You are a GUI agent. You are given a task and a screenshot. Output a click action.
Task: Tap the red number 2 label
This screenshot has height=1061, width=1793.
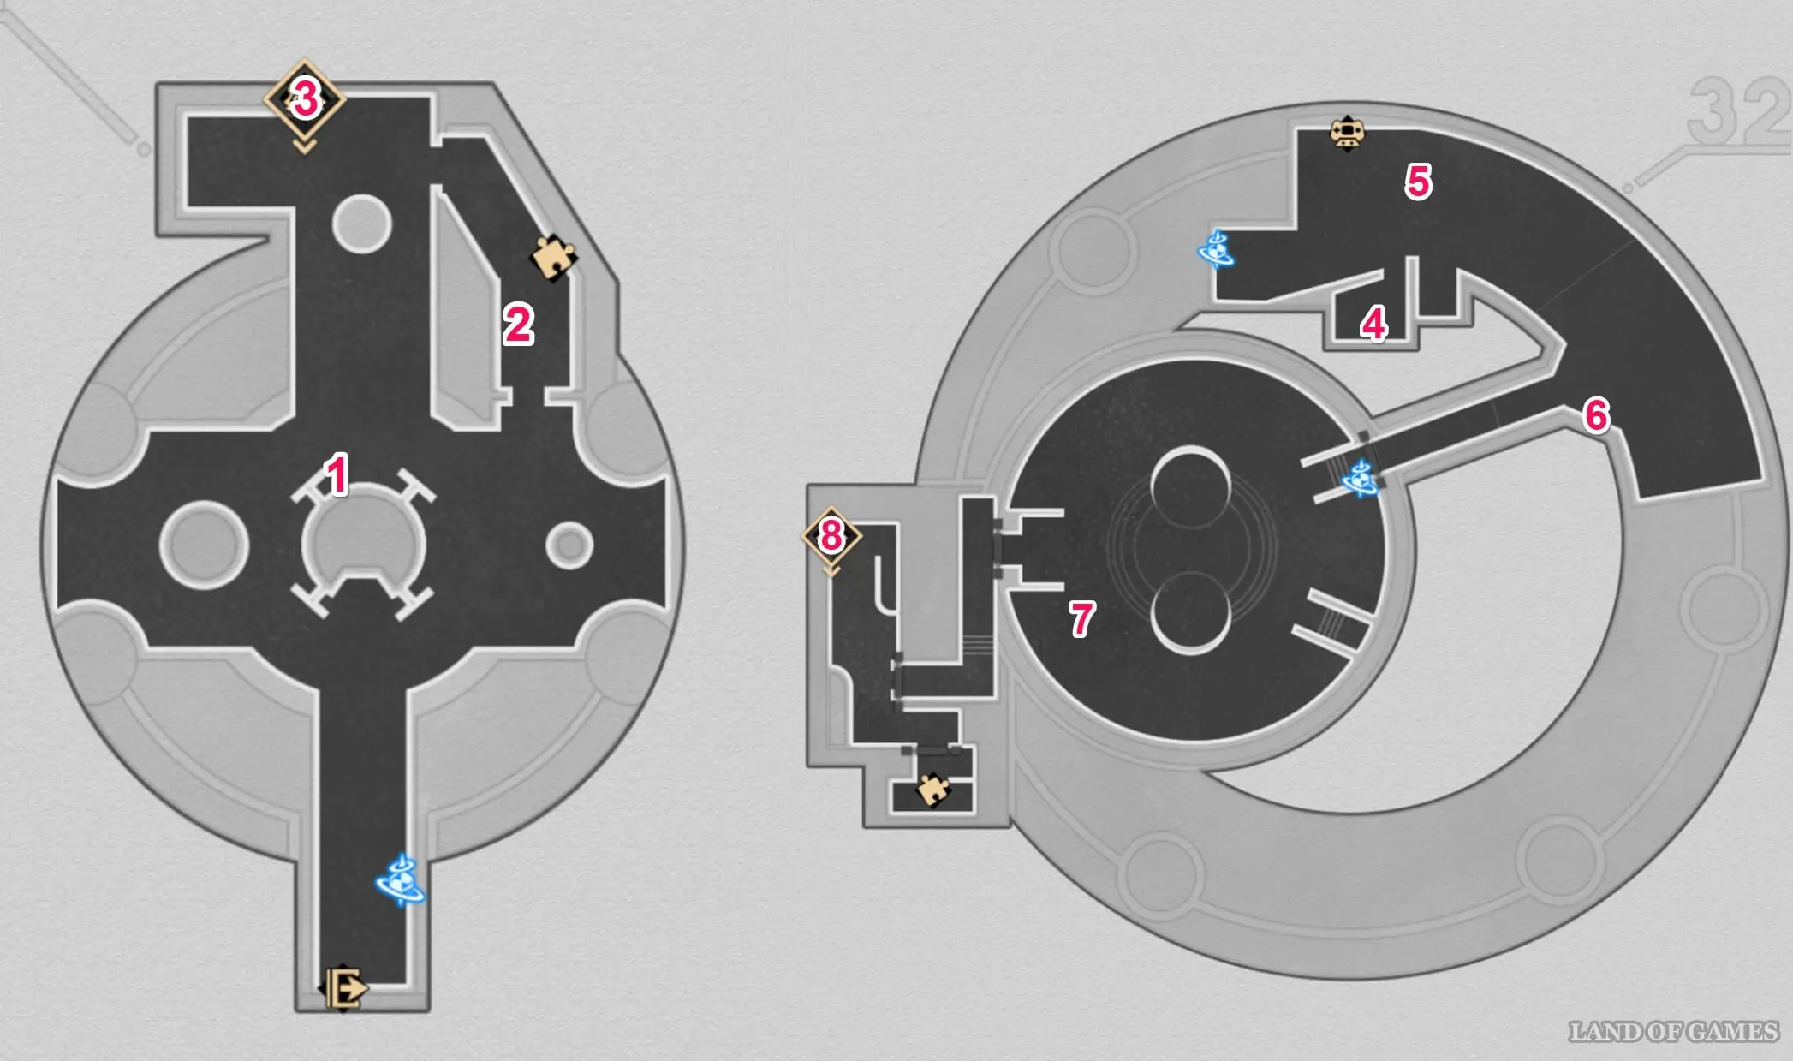coord(518,325)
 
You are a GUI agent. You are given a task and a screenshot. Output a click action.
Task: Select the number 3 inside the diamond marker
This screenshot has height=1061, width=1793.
coord(306,99)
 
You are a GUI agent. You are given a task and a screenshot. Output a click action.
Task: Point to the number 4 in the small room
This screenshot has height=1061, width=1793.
coord(1373,325)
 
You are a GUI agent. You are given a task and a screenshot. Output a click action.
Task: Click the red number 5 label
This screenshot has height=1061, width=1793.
coord(1418,182)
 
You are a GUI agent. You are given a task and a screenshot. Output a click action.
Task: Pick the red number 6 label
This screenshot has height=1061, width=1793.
coord(1596,415)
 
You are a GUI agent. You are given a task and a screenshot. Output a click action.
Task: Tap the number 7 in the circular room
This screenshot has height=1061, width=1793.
coord(1081,618)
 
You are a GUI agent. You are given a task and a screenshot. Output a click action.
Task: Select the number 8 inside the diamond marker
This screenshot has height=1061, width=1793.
coord(831,536)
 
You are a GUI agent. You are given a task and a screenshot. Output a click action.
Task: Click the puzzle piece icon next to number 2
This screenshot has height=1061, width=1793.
coord(554,257)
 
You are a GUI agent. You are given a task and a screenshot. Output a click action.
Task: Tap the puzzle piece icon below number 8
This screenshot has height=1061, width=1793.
coord(932,789)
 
